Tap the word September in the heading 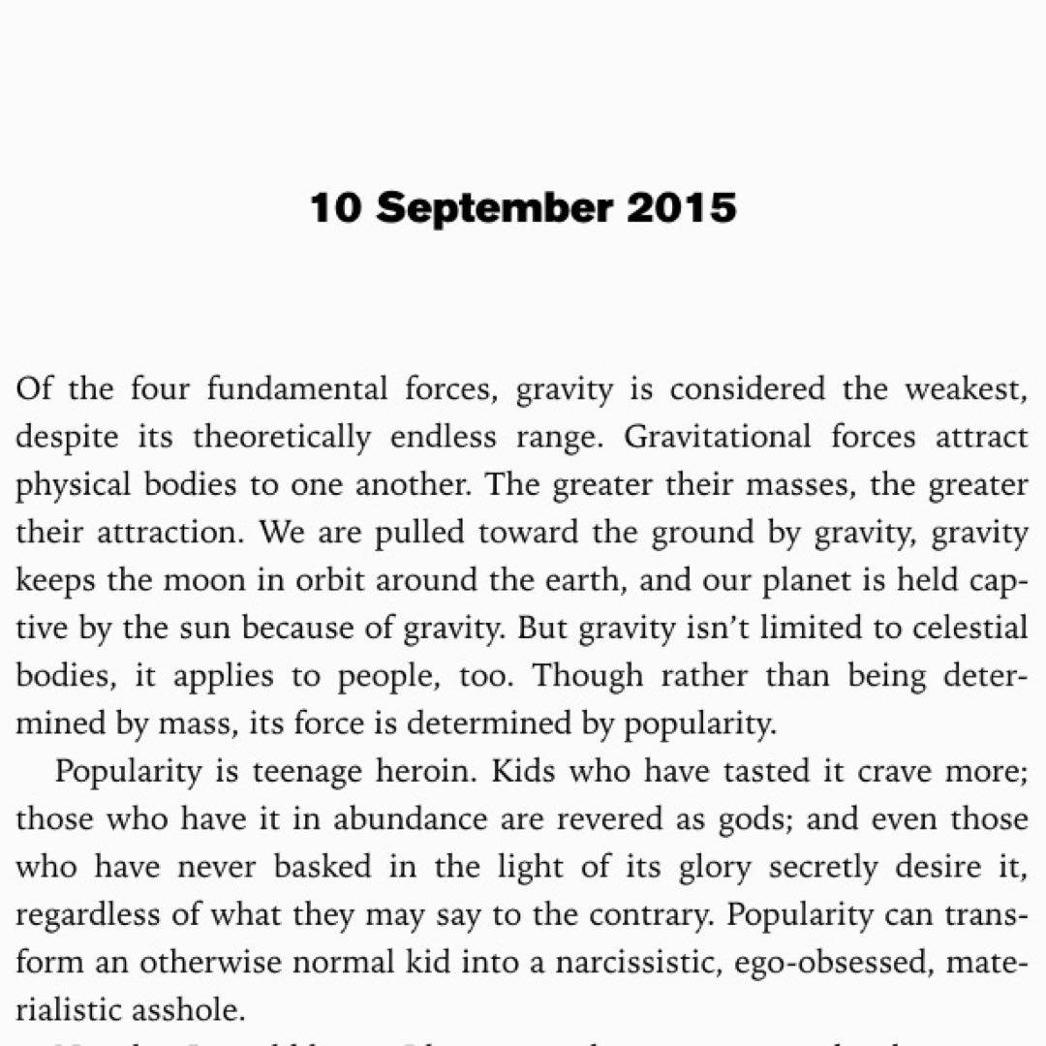(494, 208)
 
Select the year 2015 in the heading (682, 208)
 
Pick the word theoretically (282, 438)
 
